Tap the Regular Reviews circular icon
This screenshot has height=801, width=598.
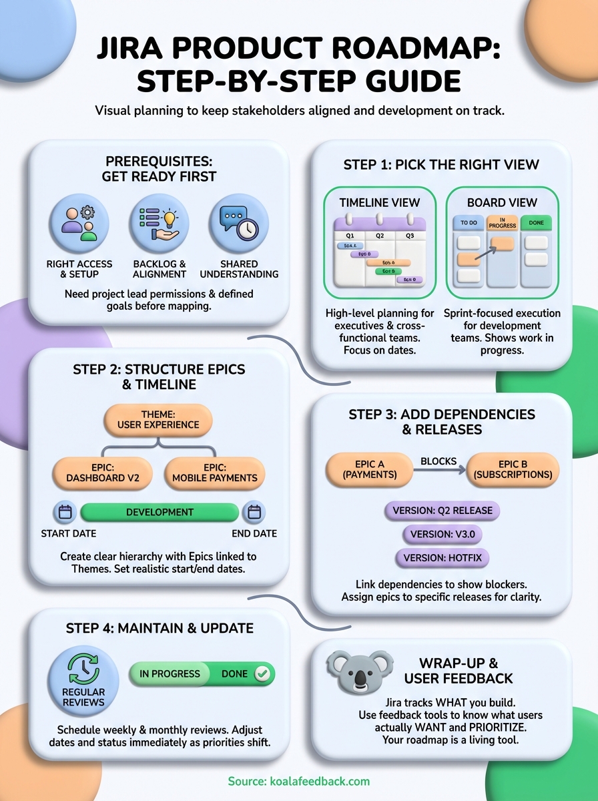pyautogui.click(x=83, y=679)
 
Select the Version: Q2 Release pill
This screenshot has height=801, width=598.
pyautogui.click(x=442, y=511)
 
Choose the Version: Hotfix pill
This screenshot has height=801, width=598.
pyautogui.click(x=442, y=557)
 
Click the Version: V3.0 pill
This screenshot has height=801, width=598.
pyautogui.click(x=442, y=534)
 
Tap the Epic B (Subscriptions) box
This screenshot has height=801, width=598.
pyautogui.click(x=513, y=469)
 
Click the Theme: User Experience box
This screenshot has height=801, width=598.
pyautogui.click(x=159, y=419)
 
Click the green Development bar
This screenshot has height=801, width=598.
pyautogui.click(x=160, y=512)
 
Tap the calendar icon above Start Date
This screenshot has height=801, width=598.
pyautogui.click(x=65, y=512)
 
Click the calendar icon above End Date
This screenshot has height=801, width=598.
pyautogui.click(x=254, y=512)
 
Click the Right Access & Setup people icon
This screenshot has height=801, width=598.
pyautogui.click(x=79, y=224)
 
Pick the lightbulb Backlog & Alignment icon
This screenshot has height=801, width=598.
pyautogui.click(x=159, y=224)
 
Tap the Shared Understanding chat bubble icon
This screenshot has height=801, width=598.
pyautogui.click(x=239, y=224)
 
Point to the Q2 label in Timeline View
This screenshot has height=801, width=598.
pyautogui.click(x=380, y=235)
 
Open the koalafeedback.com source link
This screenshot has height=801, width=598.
pyautogui.click(x=298, y=781)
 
